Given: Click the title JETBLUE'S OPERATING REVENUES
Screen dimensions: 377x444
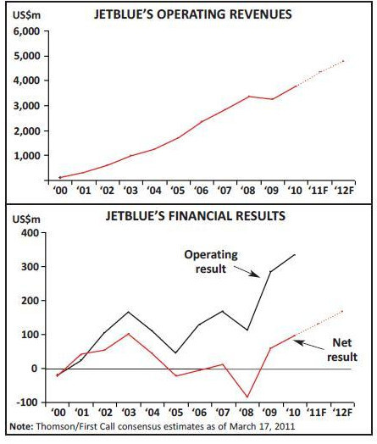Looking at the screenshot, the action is (193, 14).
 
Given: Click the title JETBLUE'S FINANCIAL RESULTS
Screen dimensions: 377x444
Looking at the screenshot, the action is (196, 216).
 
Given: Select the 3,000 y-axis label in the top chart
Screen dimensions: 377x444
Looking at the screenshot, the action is (26, 106).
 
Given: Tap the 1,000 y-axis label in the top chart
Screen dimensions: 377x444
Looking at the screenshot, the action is (26, 156).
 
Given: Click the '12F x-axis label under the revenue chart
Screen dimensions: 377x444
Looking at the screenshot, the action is (344, 191).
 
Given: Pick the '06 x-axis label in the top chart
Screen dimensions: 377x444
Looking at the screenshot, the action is (201, 191).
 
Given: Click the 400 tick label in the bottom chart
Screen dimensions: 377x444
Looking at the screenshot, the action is (29, 233).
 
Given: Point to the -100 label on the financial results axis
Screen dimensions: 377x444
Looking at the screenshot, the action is (27, 402).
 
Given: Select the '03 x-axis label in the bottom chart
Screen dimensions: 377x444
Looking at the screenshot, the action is (128, 413).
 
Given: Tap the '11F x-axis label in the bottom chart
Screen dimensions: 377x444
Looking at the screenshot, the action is (318, 413).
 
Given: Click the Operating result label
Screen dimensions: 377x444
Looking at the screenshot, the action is (211, 261).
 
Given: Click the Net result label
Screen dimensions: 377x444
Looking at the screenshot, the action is (342, 350).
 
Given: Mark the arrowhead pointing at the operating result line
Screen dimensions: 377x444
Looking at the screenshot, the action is (256, 275).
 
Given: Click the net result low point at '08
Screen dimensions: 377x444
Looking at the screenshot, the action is (247, 397).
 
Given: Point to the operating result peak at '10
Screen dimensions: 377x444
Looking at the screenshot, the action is (295, 254).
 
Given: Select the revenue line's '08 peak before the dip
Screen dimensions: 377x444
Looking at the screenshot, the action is (248, 97).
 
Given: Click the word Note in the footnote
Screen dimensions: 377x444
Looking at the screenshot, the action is (20, 426).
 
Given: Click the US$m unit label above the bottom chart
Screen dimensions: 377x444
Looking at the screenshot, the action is (26, 219).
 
